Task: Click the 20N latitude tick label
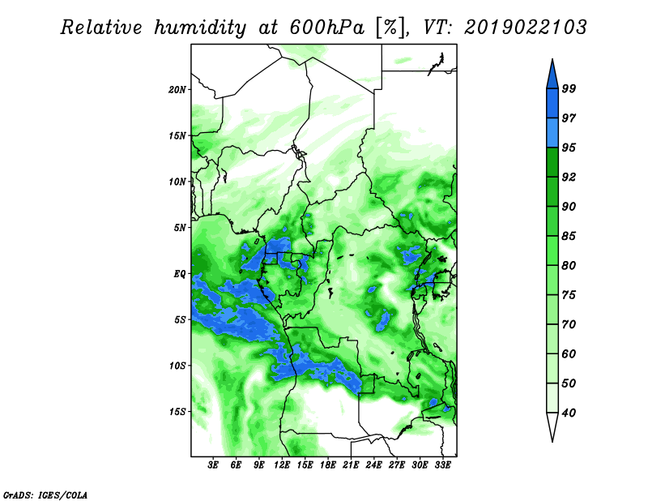(x=177, y=89)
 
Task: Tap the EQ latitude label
(x=180, y=273)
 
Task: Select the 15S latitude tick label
(x=177, y=412)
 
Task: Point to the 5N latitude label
(x=180, y=228)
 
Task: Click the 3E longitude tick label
(x=213, y=465)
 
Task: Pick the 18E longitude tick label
(x=328, y=465)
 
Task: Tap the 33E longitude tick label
(x=442, y=465)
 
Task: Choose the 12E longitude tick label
(x=282, y=465)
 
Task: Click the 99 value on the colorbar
(x=569, y=88)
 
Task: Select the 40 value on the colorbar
(x=569, y=413)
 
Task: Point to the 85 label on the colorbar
(x=569, y=236)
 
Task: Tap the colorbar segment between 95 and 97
(x=552, y=133)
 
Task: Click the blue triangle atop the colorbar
(x=552, y=75)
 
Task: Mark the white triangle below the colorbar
(x=552, y=426)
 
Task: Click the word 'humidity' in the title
(x=200, y=28)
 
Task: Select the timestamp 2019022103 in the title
(x=525, y=28)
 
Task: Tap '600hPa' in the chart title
(x=327, y=28)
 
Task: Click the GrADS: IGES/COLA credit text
(x=45, y=495)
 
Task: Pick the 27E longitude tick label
(x=397, y=465)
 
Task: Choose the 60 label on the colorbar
(x=569, y=353)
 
